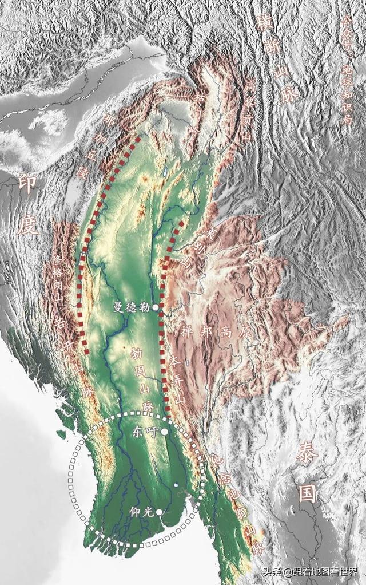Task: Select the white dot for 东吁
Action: coord(164,432)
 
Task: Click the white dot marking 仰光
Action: coord(158,512)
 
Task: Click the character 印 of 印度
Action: coord(26,183)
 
